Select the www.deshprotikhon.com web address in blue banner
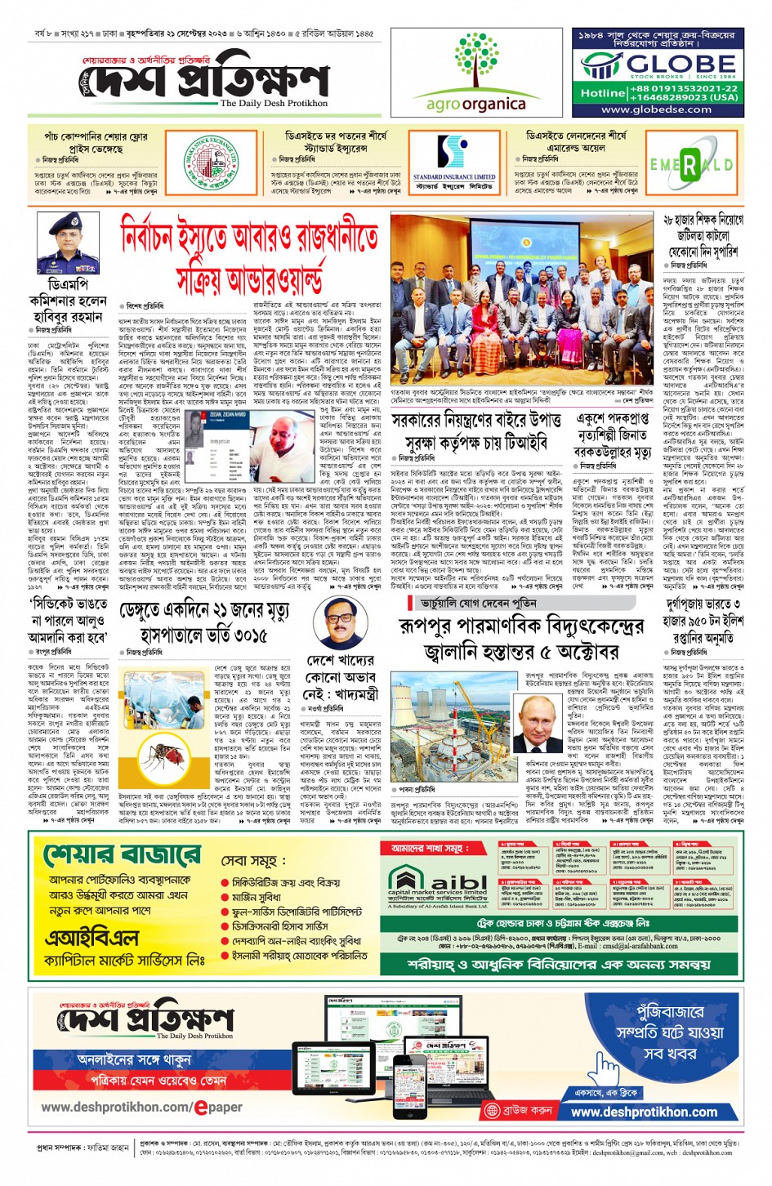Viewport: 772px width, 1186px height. coord(644,1112)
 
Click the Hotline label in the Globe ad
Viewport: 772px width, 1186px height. coord(602,93)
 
